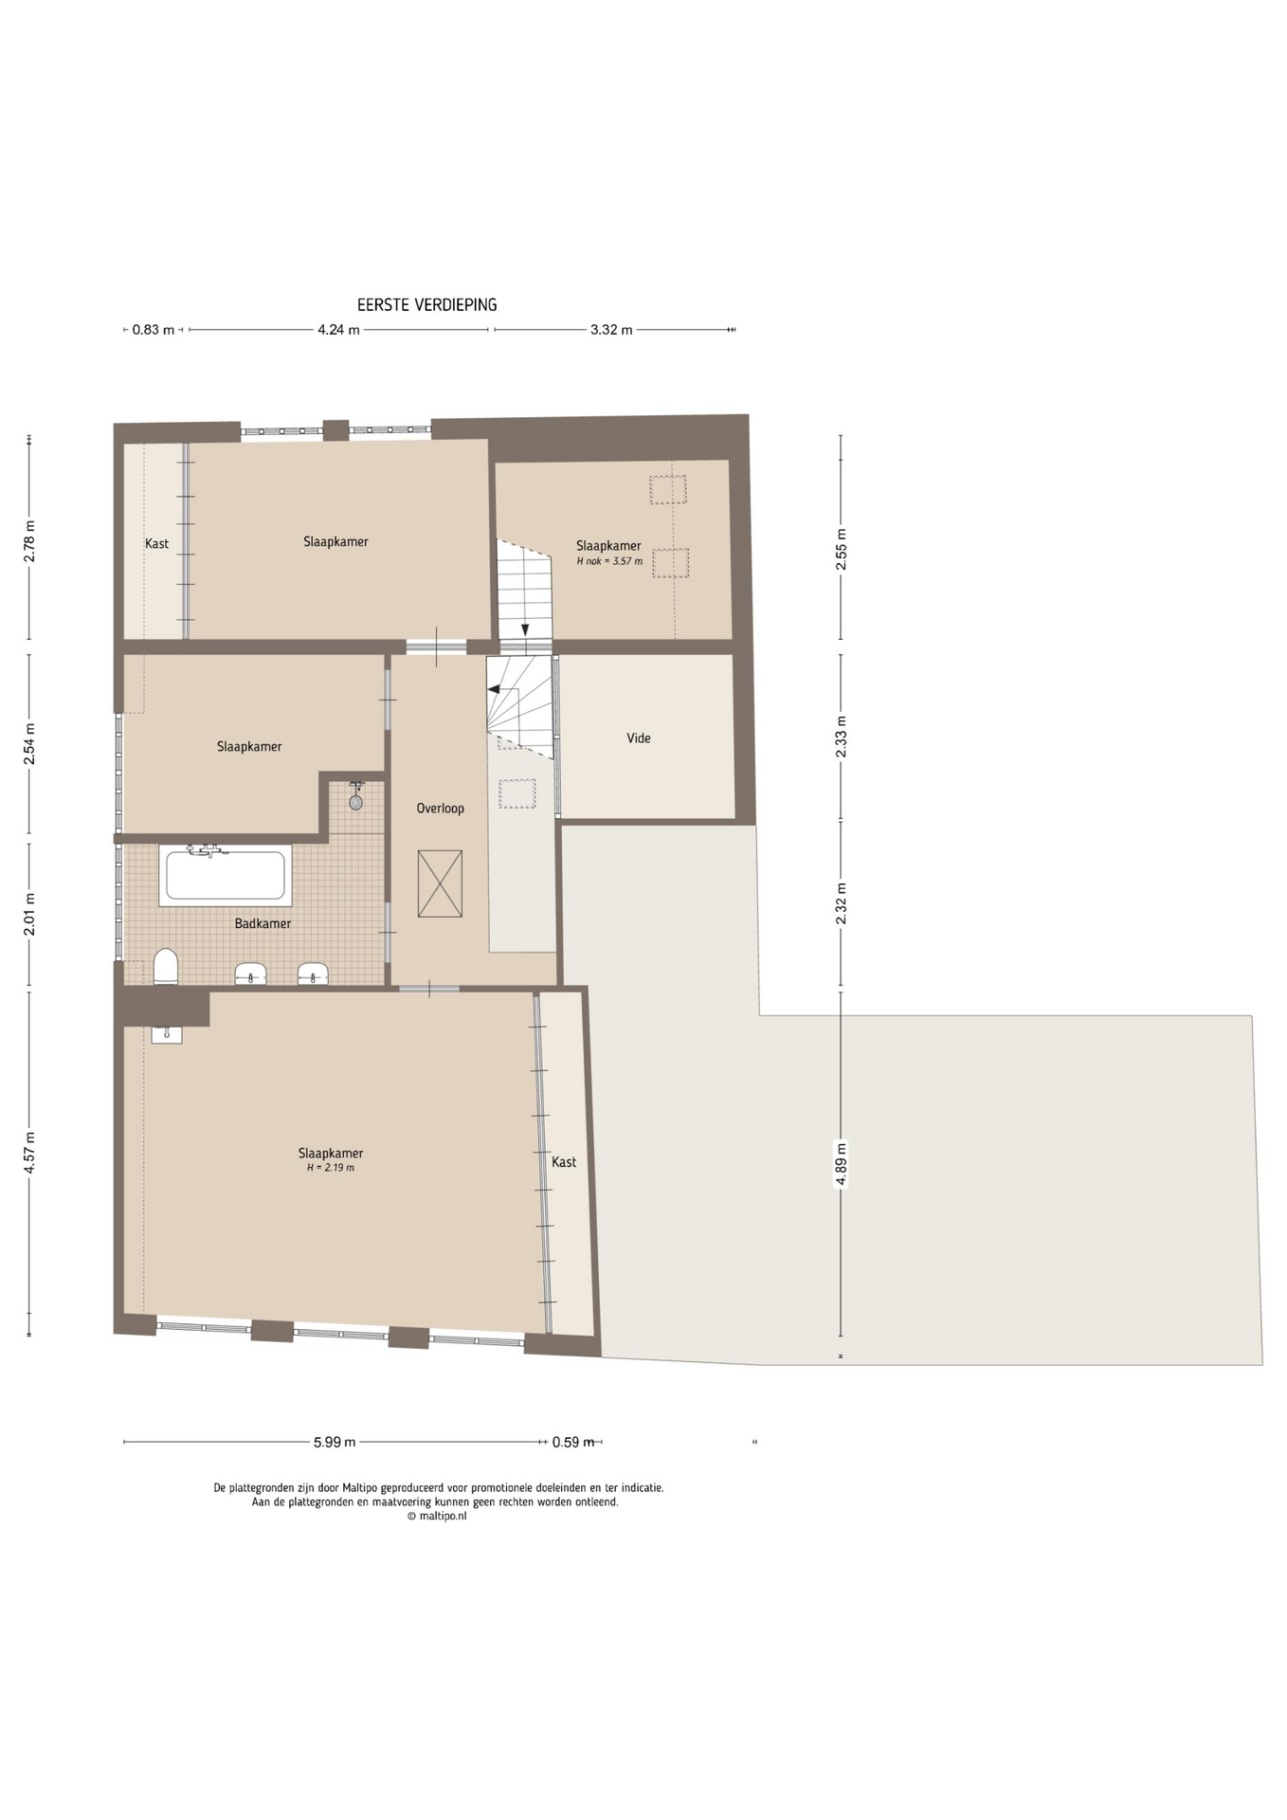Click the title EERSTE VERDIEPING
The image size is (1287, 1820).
pyautogui.click(x=426, y=305)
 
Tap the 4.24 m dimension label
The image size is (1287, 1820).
pyautogui.click(x=338, y=330)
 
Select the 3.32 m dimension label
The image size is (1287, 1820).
pyautogui.click(x=611, y=330)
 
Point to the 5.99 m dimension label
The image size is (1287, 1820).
pyautogui.click(x=335, y=1443)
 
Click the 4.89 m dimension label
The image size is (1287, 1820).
pyautogui.click(x=841, y=1165)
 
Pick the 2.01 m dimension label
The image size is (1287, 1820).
pyautogui.click(x=29, y=914)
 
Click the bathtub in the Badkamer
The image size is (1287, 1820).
pyautogui.click(x=226, y=875)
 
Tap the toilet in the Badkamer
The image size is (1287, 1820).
pyautogui.click(x=166, y=967)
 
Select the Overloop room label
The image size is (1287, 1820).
pyautogui.click(x=441, y=809)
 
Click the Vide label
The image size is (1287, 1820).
pyautogui.click(x=639, y=738)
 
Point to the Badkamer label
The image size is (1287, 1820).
pyautogui.click(x=263, y=923)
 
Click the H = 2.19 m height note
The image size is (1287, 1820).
pyautogui.click(x=331, y=1168)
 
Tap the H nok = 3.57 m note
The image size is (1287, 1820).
pyautogui.click(x=609, y=561)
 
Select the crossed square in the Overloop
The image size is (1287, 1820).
pyautogui.click(x=440, y=883)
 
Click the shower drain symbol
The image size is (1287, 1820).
pyautogui.click(x=355, y=802)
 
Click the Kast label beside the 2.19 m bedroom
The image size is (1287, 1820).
pyautogui.click(x=564, y=1162)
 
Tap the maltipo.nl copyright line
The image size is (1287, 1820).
pyautogui.click(x=437, y=1516)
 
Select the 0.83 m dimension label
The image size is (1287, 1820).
pyautogui.click(x=153, y=330)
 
